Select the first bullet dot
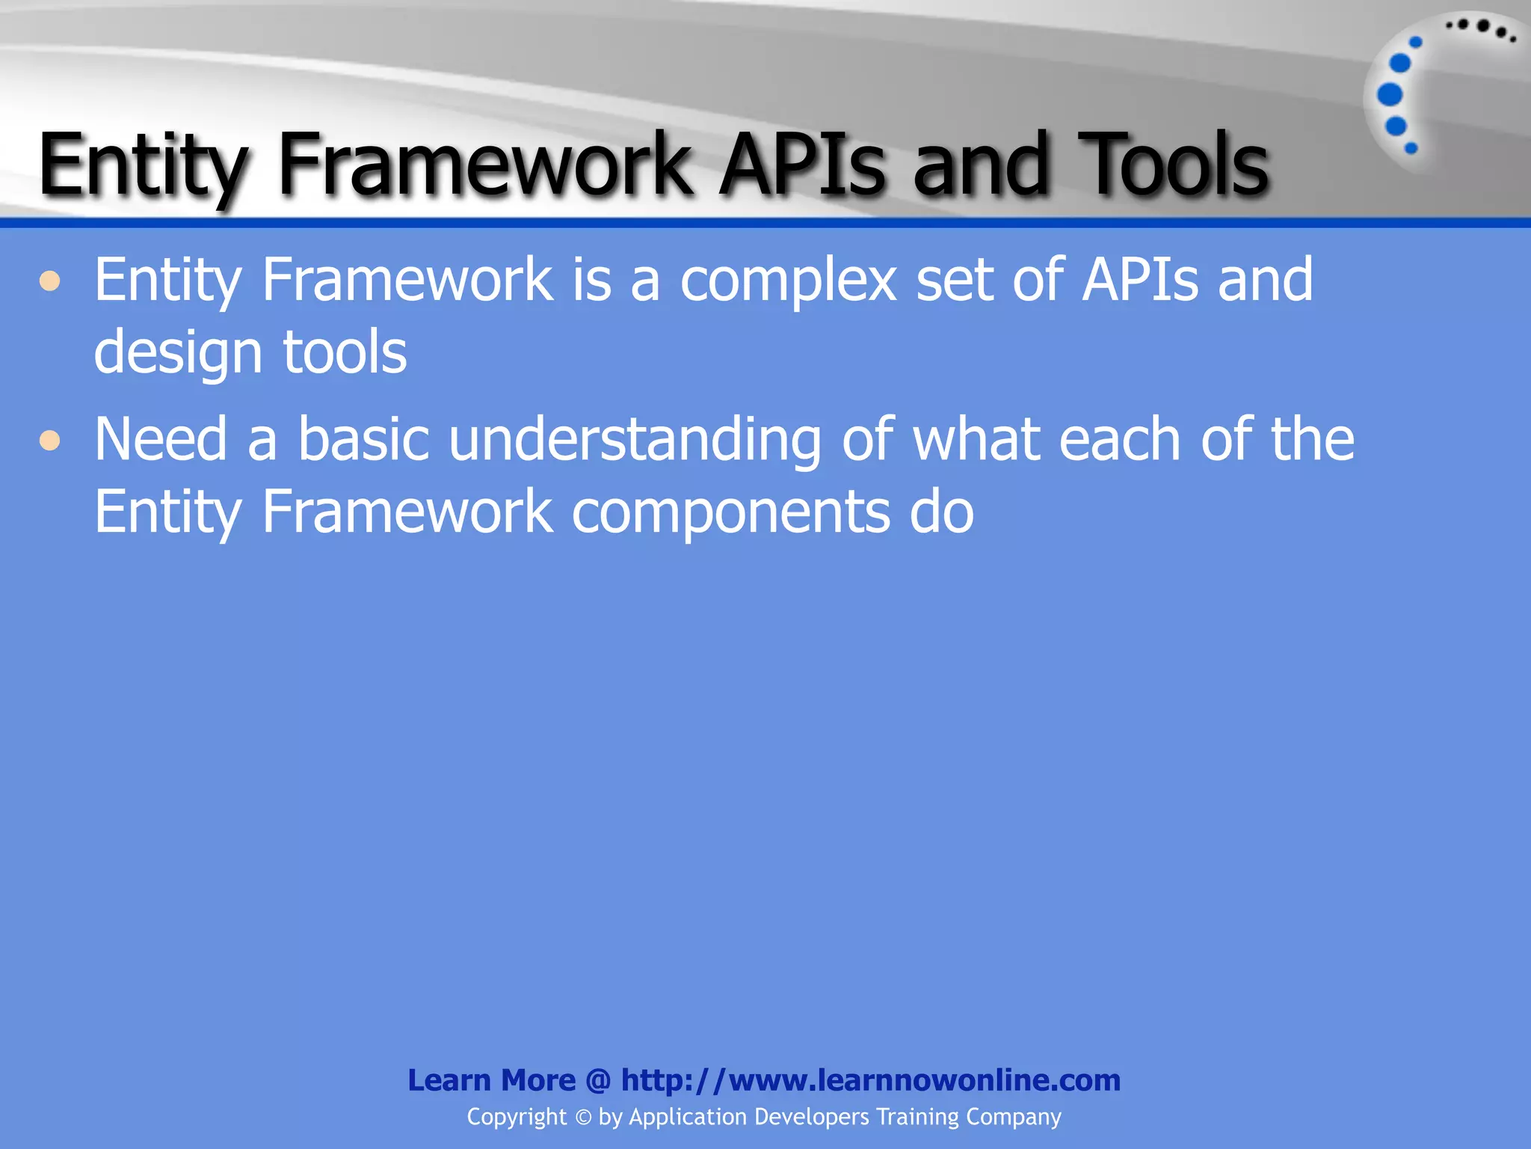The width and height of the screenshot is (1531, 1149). (x=50, y=281)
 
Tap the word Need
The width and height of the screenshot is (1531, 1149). (x=160, y=440)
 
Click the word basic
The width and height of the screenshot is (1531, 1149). (x=363, y=440)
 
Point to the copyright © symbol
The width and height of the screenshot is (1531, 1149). (x=583, y=1118)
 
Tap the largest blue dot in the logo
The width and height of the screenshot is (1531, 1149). (x=1390, y=95)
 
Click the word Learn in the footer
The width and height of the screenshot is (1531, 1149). (x=449, y=1080)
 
